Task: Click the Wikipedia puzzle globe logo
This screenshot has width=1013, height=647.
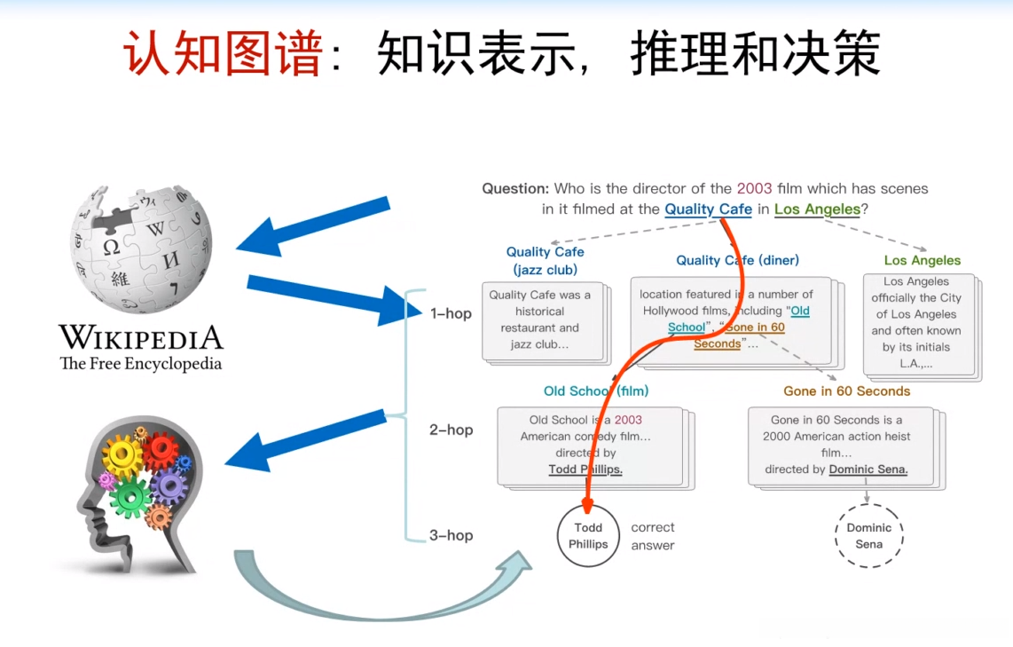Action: tap(141, 249)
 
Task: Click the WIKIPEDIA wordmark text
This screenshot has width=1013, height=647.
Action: tap(141, 337)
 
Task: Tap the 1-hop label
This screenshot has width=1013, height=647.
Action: tap(451, 313)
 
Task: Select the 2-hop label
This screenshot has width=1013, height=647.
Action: tap(451, 430)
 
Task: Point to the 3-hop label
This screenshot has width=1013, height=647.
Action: tap(451, 535)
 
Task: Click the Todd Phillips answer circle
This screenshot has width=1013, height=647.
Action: tap(588, 535)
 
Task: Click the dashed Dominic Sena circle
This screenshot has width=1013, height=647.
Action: tap(868, 535)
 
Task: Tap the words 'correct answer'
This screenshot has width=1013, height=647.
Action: tap(653, 536)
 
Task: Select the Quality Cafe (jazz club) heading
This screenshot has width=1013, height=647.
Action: tap(545, 261)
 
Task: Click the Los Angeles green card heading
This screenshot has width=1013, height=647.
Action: tap(923, 260)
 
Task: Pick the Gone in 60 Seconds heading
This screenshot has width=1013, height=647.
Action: tap(846, 391)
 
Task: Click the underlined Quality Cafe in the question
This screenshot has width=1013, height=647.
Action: tap(708, 209)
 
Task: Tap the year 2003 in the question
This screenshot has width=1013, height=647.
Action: tap(754, 188)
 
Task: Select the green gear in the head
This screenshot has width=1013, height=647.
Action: tap(130, 497)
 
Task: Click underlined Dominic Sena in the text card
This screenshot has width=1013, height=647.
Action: tap(868, 469)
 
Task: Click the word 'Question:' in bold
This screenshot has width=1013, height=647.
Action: tap(515, 188)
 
